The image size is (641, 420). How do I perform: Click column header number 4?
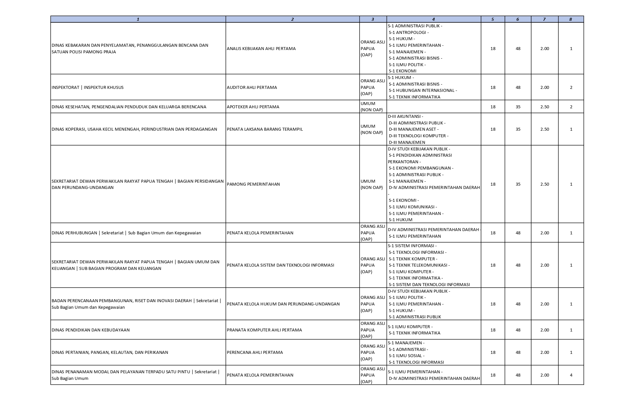tap(434, 19)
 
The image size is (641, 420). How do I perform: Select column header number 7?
tap(544, 19)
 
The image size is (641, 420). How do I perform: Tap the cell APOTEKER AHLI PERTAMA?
tap(253, 107)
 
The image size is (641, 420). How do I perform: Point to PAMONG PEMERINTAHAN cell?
tap(253, 184)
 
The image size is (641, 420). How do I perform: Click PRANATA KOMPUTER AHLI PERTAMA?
tap(264, 330)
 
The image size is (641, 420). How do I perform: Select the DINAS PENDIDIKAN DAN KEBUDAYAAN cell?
tap(91, 330)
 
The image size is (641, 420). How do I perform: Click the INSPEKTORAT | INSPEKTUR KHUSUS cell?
tap(88, 87)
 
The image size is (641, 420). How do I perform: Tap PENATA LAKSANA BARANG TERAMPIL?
tap(265, 129)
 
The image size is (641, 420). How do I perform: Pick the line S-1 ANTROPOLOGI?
tap(409, 32)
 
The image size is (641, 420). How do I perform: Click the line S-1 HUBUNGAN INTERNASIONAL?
tap(423, 90)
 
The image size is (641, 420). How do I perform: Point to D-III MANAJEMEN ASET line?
tap(414, 129)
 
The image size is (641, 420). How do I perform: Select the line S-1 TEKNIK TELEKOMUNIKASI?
tap(419, 265)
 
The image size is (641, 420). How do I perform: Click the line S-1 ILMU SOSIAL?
tap(407, 355)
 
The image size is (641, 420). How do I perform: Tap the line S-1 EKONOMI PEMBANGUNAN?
tap(421, 168)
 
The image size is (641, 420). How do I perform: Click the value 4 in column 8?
tap(571, 375)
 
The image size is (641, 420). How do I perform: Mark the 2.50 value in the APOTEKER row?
tap(544, 107)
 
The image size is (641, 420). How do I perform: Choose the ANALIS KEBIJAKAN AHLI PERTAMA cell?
tap(261, 48)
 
